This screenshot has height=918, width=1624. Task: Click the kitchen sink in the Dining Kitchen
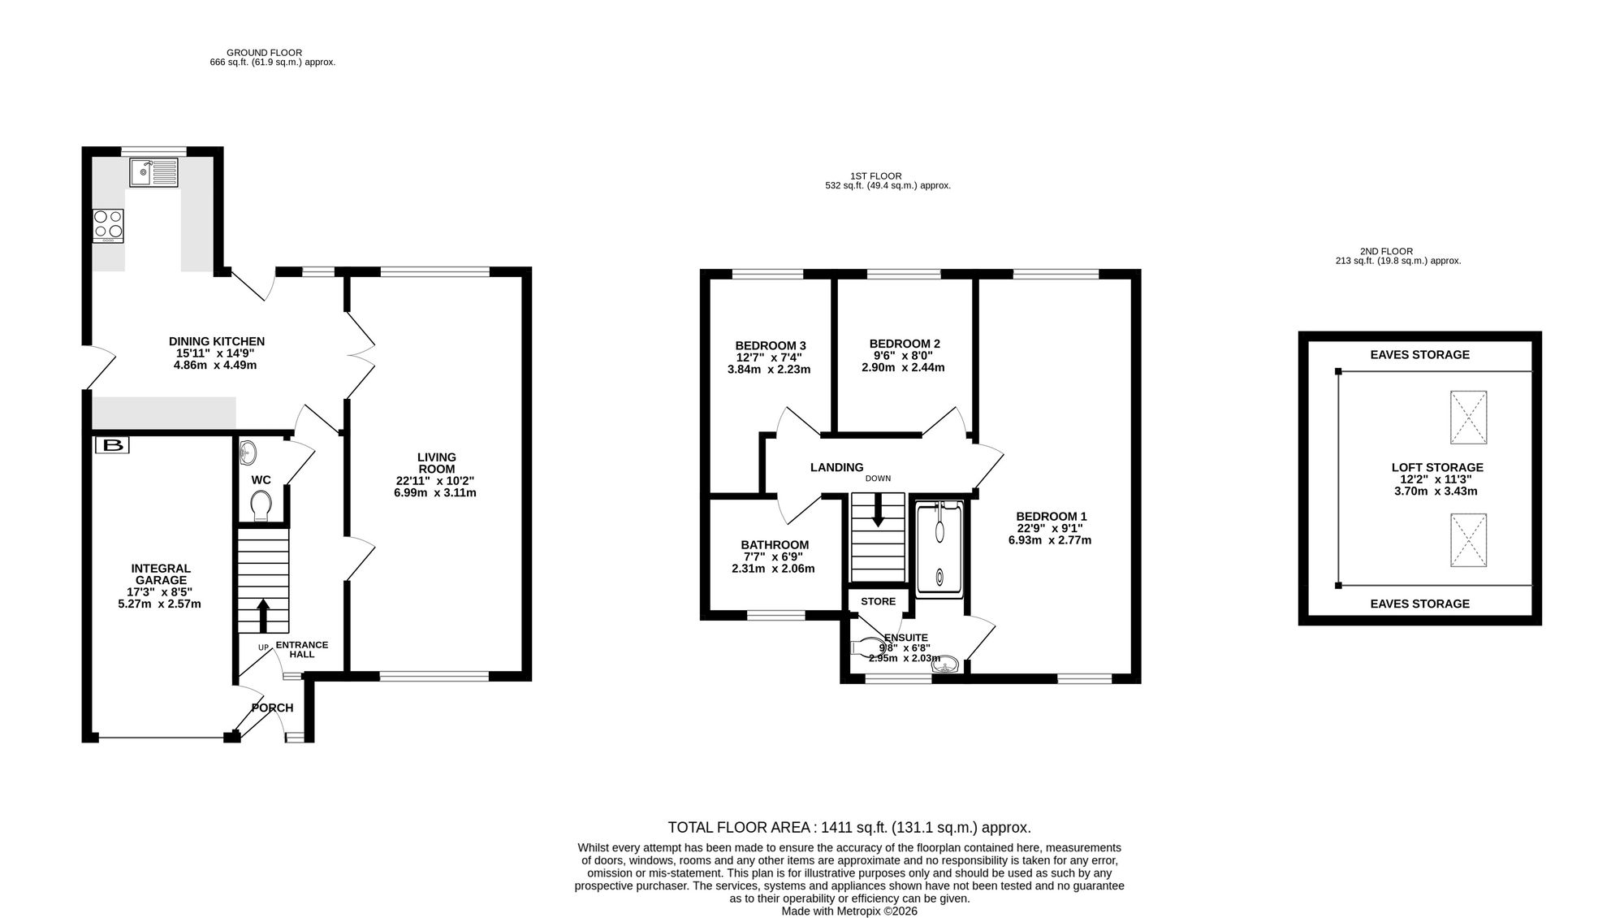(x=153, y=171)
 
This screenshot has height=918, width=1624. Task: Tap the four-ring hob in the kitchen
(x=108, y=226)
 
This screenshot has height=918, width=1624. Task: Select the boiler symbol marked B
(x=112, y=445)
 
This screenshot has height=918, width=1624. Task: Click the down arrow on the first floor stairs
(x=877, y=509)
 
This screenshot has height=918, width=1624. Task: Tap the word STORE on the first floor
(x=878, y=601)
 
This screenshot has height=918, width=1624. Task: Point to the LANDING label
(x=836, y=467)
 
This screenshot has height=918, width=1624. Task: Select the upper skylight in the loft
(x=1468, y=417)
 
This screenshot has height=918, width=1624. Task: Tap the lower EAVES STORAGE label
(x=1419, y=604)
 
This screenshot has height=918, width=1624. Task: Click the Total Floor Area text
(x=849, y=828)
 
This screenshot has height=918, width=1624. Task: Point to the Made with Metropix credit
(x=849, y=912)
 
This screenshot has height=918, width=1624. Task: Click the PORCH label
(x=272, y=708)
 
